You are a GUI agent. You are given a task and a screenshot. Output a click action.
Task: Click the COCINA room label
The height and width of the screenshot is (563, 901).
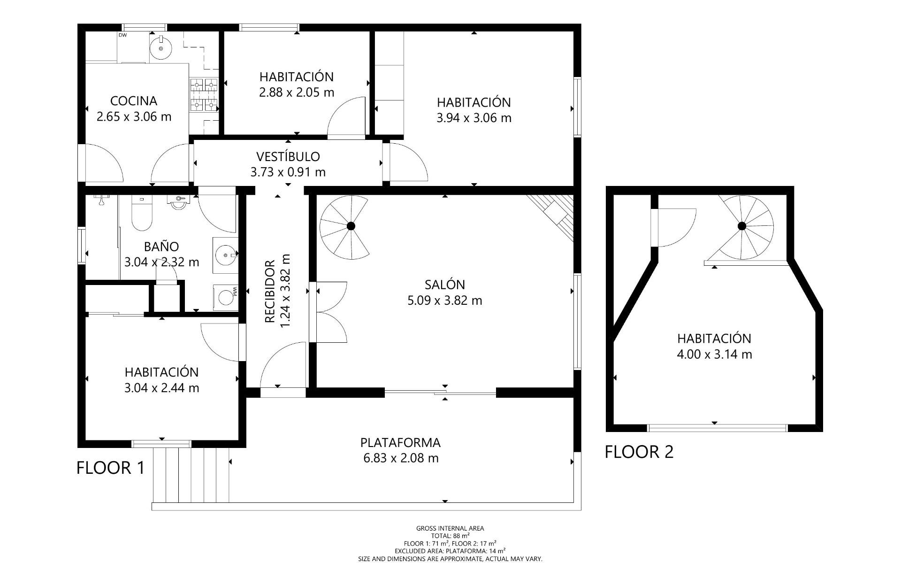(134, 101)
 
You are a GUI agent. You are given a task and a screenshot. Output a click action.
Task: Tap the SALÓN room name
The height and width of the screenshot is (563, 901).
(445, 285)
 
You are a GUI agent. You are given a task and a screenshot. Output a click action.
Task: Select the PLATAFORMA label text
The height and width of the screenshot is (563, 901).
(400, 443)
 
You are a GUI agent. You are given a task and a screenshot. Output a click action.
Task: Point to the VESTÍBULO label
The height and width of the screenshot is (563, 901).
(288, 156)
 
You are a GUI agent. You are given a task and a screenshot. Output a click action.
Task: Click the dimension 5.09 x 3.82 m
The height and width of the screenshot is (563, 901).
(445, 301)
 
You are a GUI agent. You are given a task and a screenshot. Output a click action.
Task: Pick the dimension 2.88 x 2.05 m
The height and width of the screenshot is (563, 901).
(297, 93)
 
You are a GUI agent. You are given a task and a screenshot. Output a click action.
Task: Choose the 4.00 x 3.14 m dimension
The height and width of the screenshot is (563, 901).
(714, 354)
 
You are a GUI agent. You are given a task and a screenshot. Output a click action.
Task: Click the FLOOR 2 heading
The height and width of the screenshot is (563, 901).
(639, 452)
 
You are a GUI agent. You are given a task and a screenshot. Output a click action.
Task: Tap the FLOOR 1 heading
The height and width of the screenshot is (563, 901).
(111, 468)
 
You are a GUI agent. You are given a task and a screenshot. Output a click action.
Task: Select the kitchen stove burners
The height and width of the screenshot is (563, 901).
(204, 95)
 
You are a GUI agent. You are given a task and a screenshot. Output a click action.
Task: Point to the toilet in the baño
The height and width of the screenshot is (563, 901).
(141, 214)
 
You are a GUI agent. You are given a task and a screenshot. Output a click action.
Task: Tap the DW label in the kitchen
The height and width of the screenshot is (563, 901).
(122, 35)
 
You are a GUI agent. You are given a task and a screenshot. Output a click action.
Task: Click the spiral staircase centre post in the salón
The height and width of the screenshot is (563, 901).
(351, 226)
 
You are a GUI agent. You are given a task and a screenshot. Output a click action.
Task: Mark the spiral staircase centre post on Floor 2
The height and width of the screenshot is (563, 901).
(742, 226)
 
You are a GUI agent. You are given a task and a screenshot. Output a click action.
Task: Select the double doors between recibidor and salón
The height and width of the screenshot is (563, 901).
(328, 312)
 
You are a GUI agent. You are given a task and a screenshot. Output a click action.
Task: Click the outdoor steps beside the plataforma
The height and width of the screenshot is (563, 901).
(191, 475)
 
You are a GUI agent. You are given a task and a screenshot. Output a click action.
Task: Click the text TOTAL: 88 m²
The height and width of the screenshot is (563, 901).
(450, 535)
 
